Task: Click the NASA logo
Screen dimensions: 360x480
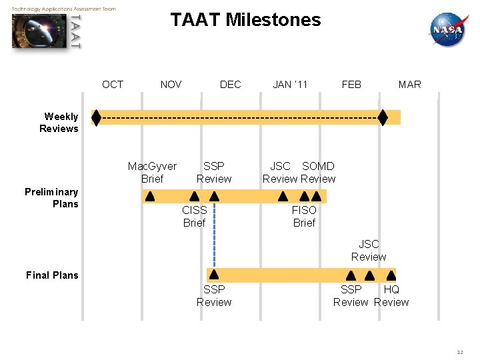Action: coord(448,29)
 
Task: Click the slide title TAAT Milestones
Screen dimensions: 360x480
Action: coord(245,20)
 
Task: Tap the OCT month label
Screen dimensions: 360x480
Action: coord(113,84)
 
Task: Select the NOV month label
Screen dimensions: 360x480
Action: coord(171,84)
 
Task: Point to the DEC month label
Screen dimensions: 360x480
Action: coord(230,84)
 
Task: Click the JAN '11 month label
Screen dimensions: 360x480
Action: coord(290,84)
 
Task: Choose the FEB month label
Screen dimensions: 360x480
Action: coord(351,84)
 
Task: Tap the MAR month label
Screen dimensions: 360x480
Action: coord(409,84)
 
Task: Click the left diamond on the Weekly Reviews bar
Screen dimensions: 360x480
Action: coord(97,118)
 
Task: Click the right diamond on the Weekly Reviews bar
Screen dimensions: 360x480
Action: coord(383,118)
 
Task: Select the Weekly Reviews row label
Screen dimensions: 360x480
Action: coord(59,123)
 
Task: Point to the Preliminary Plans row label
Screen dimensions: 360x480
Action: coord(51,198)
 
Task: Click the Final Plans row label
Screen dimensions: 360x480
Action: coord(52,275)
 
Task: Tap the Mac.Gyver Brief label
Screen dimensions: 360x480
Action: coord(152,172)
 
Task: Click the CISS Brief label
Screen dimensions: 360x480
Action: coord(194,217)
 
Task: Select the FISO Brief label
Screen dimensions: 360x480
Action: coord(304,217)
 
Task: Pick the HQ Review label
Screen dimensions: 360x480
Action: coord(391,295)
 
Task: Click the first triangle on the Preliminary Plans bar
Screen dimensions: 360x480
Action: coord(150,197)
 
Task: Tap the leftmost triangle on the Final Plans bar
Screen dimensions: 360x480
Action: coord(214,275)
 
